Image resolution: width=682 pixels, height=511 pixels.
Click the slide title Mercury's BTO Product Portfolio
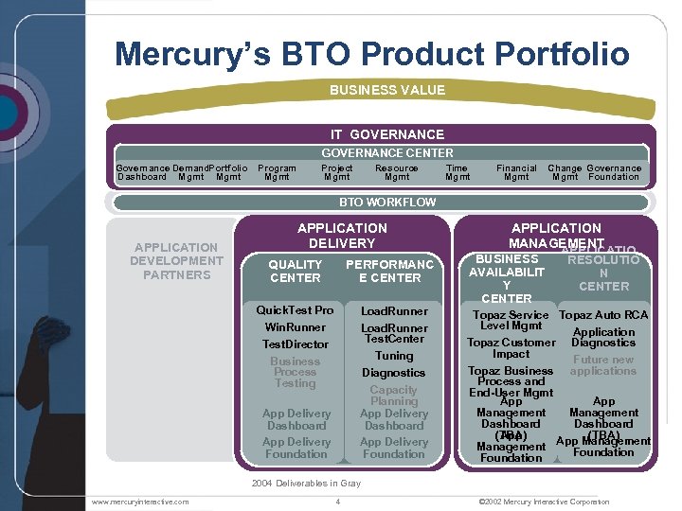(x=371, y=53)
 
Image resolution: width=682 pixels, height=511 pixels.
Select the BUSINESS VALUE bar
(x=386, y=90)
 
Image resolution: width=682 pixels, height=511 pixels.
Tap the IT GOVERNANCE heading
(x=386, y=134)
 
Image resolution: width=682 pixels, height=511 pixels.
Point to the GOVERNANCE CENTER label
(x=386, y=152)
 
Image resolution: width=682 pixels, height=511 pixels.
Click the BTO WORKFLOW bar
(x=386, y=202)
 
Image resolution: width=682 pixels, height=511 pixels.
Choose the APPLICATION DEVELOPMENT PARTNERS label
(x=176, y=261)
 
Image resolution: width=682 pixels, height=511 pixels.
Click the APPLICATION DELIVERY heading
(x=342, y=235)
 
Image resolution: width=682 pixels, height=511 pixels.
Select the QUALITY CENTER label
(x=296, y=272)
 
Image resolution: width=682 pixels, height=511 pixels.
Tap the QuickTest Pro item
(x=296, y=310)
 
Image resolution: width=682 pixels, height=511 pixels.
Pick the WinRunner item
(x=296, y=327)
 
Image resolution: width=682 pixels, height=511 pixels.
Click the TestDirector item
(x=296, y=344)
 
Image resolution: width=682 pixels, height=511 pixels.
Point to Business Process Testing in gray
(x=296, y=372)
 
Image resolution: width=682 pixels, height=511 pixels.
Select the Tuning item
(x=394, y=356)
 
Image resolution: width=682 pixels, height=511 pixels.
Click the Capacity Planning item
(x=394, y=396)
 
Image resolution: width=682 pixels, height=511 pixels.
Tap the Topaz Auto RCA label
(x=603, y=315)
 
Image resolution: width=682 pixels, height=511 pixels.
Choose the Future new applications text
(x=603, y=365)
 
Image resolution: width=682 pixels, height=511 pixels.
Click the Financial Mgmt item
(x=516, y=172)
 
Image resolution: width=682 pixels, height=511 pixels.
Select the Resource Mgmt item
(x=396, y=172)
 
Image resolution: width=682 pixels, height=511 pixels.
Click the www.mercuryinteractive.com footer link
(x=140, y=502)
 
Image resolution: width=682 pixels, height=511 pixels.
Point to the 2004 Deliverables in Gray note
(x=306, y=484)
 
